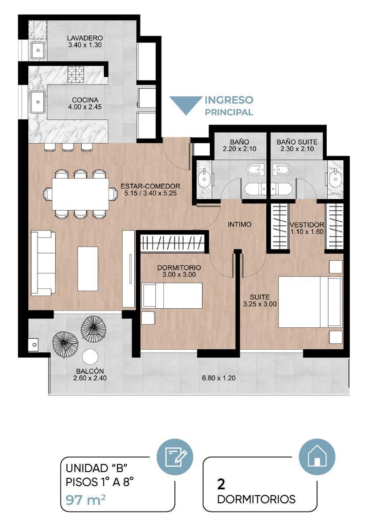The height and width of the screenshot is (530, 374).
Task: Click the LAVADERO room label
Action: [85, 38]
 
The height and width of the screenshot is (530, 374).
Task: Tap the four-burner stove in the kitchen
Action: [76, 75]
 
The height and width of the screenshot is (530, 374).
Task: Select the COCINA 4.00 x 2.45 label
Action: [85, 103]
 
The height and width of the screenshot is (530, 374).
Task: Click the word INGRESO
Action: [229, 100]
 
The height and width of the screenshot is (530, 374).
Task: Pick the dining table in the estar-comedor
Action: [80, 194]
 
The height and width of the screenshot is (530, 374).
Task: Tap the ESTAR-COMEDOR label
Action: [150, 186]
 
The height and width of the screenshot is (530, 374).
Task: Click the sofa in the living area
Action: [43, 263]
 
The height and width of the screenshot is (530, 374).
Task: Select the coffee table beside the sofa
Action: [88, 269]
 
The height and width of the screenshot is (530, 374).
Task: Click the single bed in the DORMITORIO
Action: [172, 295]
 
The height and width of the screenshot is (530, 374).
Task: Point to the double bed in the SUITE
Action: [310, 302]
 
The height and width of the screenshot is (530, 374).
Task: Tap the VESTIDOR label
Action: [307, 224]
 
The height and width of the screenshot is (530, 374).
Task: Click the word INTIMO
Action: [239, 224]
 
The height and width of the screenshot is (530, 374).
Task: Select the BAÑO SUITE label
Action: [297, 142]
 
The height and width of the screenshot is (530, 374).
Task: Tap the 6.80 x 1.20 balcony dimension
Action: [219, 378]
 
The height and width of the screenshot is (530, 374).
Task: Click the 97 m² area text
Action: [86, 500]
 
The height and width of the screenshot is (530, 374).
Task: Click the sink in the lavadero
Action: [38, 50]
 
